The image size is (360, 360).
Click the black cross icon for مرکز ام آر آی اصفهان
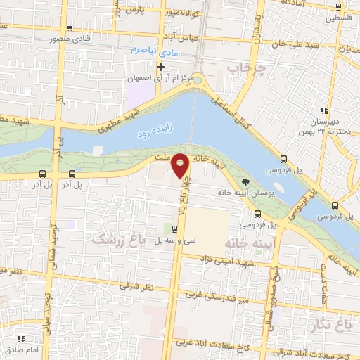pos(161,67)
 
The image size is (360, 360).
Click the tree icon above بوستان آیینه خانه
pos(244,183)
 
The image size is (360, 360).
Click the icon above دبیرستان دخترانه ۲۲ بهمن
pos(324,110)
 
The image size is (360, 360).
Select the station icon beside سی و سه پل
pos(175,229)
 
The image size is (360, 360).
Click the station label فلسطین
pos(338,20)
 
